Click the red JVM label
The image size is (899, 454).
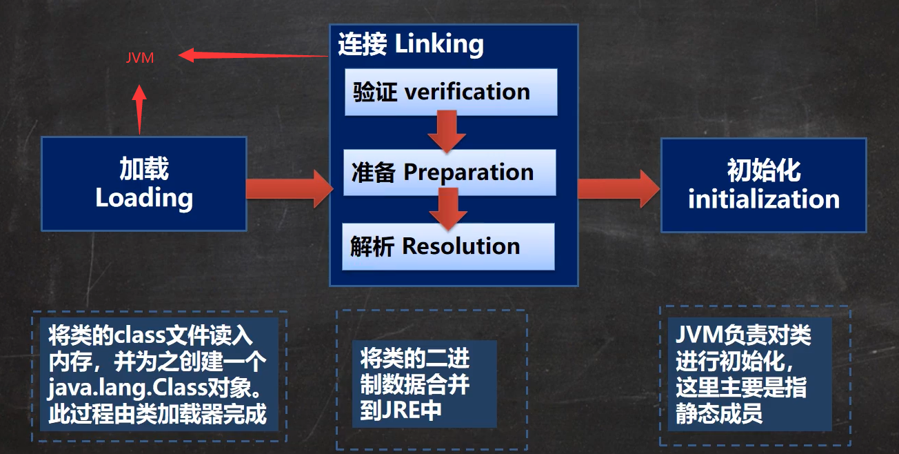(x=140, y=59)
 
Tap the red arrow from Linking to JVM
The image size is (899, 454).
(x=252, y=55)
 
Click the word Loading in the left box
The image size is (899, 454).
(x=144, y=198)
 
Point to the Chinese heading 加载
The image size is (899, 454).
(x=144, y=169)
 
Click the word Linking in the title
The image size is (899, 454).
(x=439, y=44)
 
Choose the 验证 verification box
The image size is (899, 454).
(x=451, y=92)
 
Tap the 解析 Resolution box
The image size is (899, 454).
(x=448, y=246)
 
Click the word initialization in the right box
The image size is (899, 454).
(x=764, y=199)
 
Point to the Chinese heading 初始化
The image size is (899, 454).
(x=764, y=170)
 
